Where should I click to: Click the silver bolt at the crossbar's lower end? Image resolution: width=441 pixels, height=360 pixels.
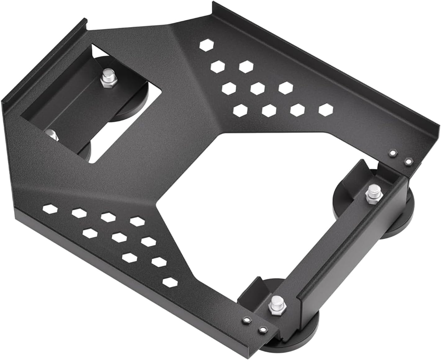[276, 303]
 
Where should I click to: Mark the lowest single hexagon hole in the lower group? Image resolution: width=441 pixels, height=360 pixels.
[170, 282]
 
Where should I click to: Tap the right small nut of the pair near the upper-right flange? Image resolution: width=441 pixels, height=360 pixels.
[408, 161]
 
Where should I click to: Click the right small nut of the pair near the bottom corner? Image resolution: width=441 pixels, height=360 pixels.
[263, 329]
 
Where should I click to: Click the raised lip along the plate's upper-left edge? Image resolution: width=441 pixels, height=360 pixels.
[43, 59]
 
